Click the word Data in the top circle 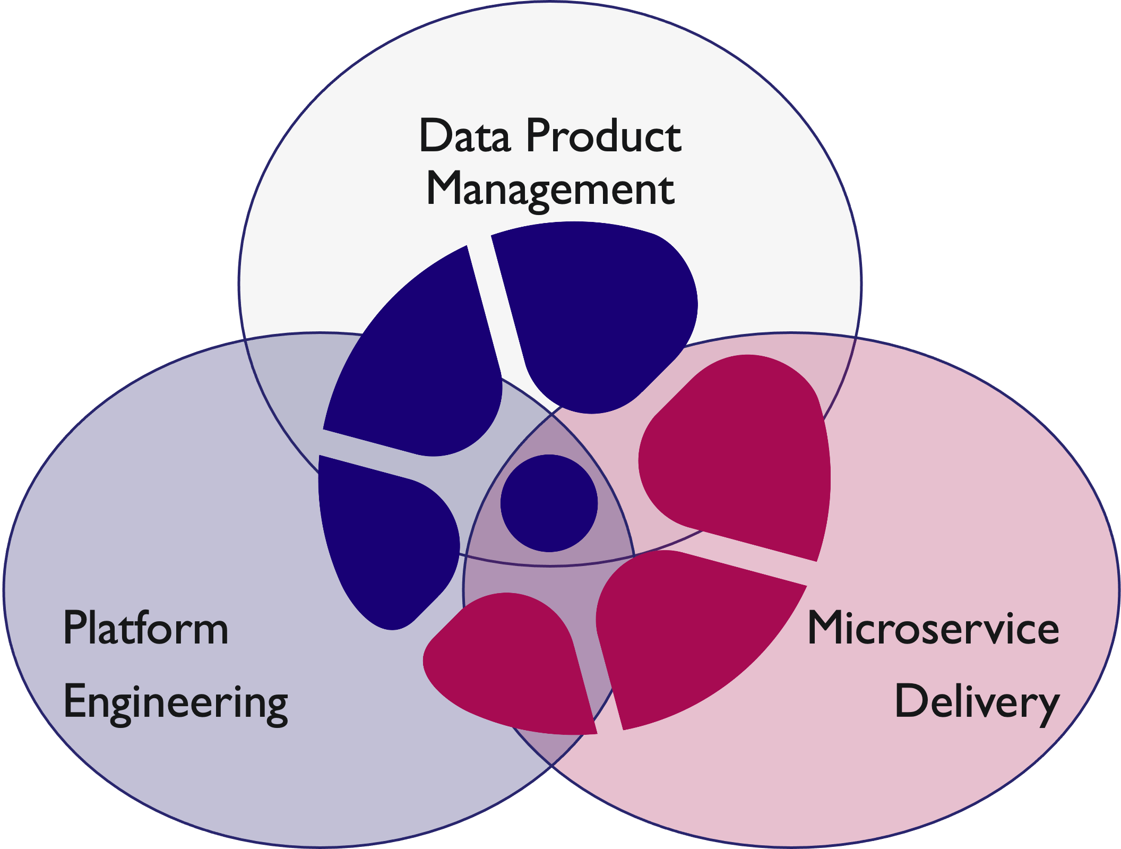[464, 136]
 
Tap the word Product [603, 136]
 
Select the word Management [550, 190]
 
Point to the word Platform [145, 629]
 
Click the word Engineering [175, 703]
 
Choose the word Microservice [933, 629]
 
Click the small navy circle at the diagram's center [549, 503]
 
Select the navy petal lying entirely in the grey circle [594, 313]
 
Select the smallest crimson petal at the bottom [510, 664]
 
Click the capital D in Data [436, 136]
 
